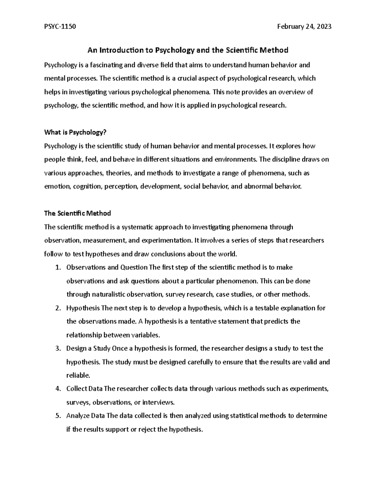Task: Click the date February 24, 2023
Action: [304, 27]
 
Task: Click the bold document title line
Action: [188, 50]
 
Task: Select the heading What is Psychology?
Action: [76, 132]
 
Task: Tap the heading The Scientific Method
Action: [77, 213]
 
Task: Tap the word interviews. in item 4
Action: [159, 402]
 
